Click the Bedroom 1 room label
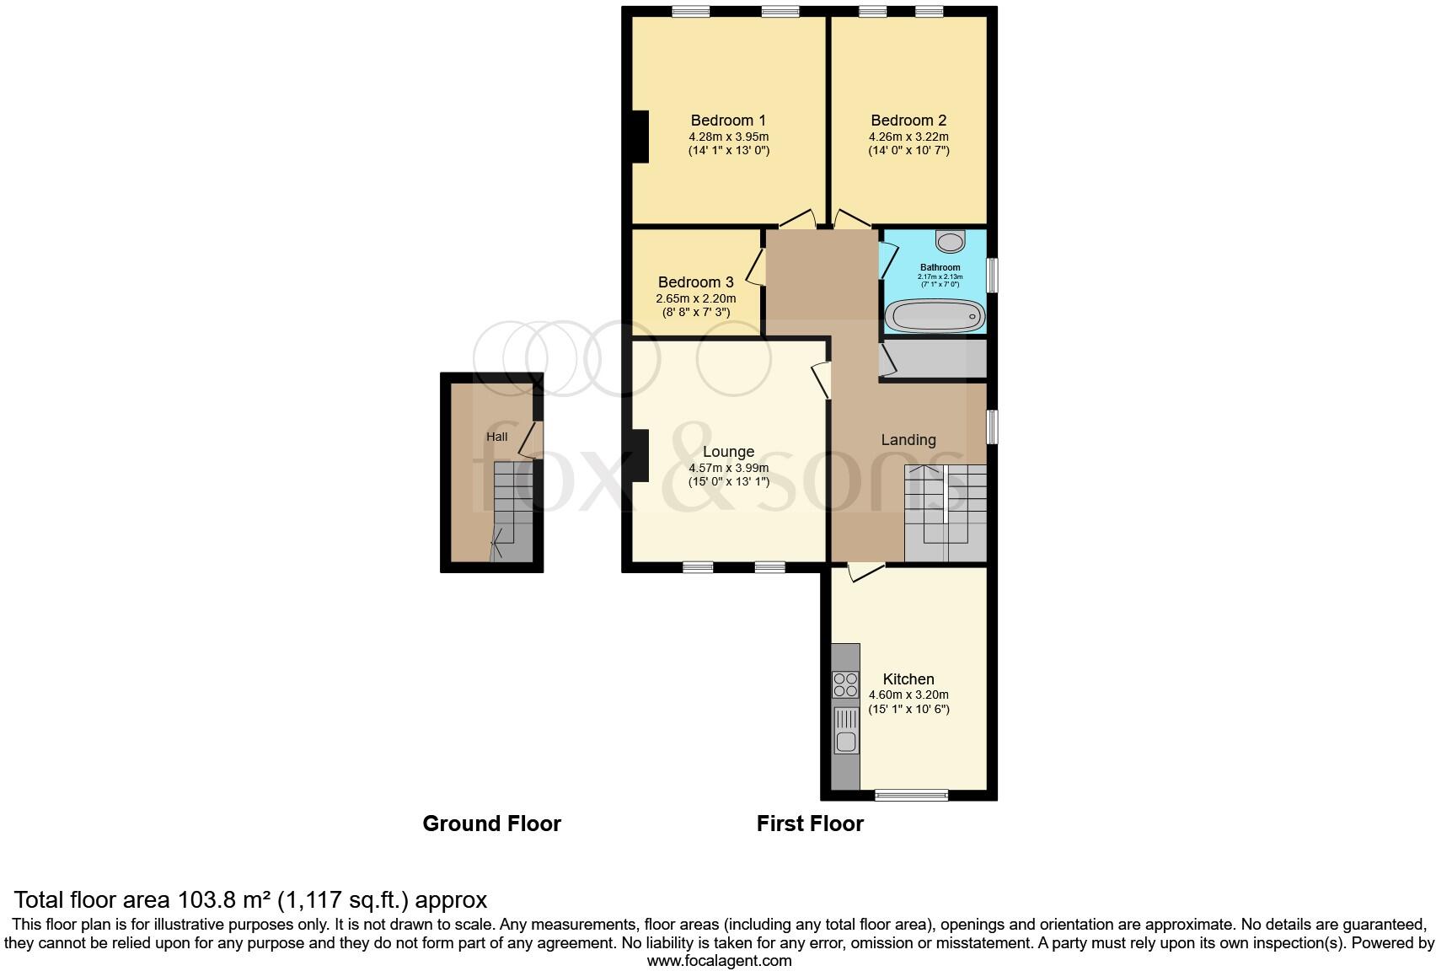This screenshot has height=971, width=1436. [x=728, y=121]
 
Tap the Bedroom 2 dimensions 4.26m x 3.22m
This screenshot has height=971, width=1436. [x=908, y=137]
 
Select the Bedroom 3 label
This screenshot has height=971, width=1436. [x=695, y=282]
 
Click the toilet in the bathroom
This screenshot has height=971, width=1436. [x=951, y=242]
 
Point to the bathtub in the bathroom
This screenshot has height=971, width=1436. [x=935, y=317]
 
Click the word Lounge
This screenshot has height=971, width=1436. [x=728, y=452]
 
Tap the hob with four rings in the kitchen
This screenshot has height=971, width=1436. [x=845, y=684]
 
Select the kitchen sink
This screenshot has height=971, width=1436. [x=845, y=741]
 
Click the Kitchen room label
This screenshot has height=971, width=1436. [x=908, y=679]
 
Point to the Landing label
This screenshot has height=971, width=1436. [x=908, y=440]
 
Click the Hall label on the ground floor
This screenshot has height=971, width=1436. [x=496, y=437]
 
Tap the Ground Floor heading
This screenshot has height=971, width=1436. [x=491, y=823]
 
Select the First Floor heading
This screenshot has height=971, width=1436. [x=809, y=823]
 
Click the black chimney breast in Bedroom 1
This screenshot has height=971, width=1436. [x=640, y=137]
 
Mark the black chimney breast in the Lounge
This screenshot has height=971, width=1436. [x=640, y=456]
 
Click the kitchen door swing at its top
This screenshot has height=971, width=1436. [x=865, y=572]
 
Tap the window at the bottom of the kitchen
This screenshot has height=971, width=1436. [x=911, y=794]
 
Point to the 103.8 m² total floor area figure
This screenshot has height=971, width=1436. [x=226, y=899]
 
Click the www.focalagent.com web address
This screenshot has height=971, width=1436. [x=719, y=960]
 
